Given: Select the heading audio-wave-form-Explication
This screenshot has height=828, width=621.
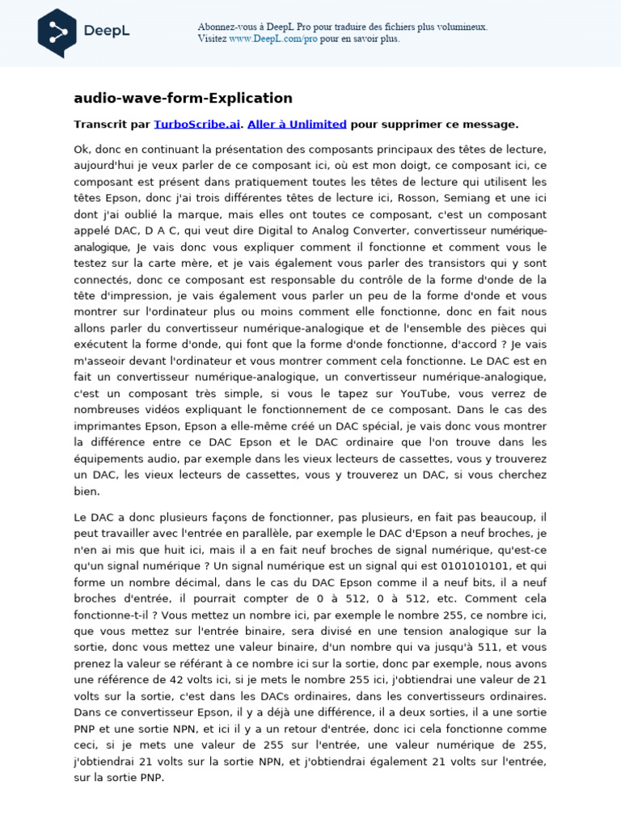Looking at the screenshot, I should tap(183, 98).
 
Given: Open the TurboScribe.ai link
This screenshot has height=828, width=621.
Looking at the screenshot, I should tap(196, 124).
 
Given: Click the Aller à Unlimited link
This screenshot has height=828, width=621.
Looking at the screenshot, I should tap(297, 124).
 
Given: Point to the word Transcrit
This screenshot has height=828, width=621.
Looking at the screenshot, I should tap(101, 124).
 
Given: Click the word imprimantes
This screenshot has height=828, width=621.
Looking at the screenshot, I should tap(109, 425).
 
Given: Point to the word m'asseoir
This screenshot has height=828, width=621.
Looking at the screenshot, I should tap(103, 361).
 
